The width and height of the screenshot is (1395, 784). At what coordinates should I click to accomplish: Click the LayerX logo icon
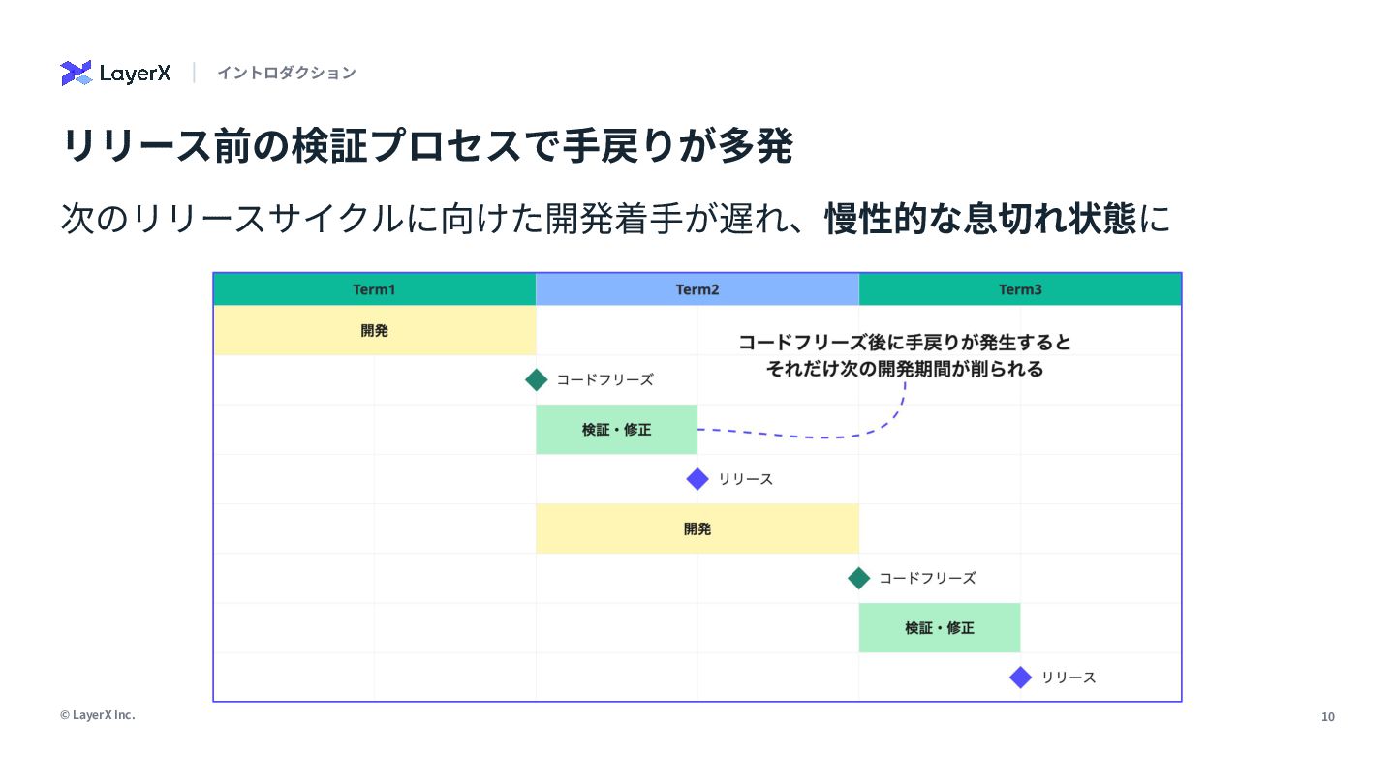click(x=77, y=73)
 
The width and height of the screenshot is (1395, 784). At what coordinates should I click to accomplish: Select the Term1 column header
click(x=374, y=289)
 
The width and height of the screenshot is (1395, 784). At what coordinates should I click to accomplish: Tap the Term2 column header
click(x=697, y=289)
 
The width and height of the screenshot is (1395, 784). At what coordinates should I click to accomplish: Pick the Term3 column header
click(x=1020, y=289)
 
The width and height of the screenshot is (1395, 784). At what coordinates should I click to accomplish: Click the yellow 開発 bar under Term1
click(x=374, y=330)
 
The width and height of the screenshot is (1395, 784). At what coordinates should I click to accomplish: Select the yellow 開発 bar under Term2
click(x=697, y=528)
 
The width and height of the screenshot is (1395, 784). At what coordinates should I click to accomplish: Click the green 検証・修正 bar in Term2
click(x=616, y=430)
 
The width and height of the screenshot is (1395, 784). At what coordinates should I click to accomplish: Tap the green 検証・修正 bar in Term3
click(x=940, y=628)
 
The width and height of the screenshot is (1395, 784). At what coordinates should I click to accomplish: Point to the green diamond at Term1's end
click(x=536, y=379)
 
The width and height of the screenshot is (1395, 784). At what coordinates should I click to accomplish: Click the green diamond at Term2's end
click(x=859, y=578)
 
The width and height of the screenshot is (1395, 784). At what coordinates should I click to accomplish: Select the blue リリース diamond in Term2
click(x=697, y=479)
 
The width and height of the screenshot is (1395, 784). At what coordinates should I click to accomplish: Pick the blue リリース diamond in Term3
click(x=1020, y=678)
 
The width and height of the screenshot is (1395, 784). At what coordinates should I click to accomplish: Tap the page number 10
click(x=1328, y=717)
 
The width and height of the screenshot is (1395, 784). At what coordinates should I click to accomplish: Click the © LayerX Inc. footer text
click(x=97, y=715)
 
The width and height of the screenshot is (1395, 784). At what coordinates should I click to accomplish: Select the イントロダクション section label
click(x=286, y=73)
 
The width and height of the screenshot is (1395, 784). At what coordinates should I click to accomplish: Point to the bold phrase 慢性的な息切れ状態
click(x=980, y=219)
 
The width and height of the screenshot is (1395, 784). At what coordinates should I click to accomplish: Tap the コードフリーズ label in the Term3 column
click(x=927, y=578)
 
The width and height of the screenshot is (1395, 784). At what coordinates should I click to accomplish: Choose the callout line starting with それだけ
click(x=904, y=369)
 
